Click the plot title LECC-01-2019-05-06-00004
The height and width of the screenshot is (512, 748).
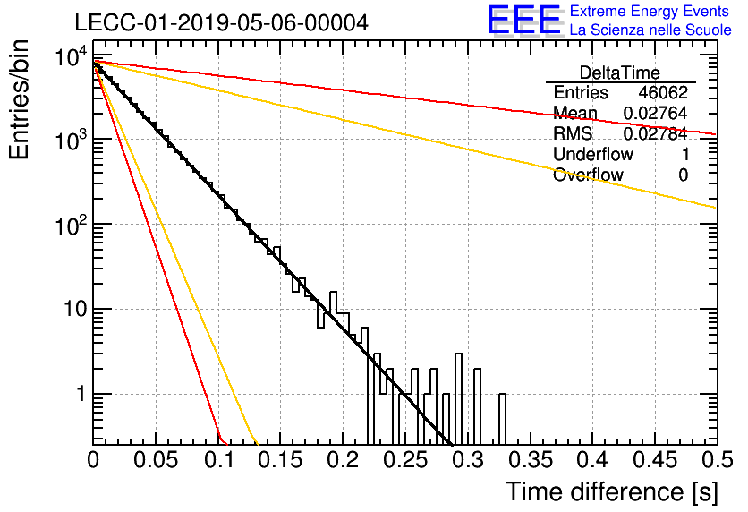tap(222, 22)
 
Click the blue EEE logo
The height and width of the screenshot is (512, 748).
tap(523, 20)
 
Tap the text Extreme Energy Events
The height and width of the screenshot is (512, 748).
tap(650, 11)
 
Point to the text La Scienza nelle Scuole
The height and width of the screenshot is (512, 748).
tap(650, 30)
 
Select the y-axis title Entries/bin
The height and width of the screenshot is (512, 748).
tap(19, 100)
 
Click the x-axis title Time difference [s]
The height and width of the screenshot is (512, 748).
tap(612, 491)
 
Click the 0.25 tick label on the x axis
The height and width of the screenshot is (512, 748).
tap(405, 460)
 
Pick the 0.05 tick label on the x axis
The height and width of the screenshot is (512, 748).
tap(156, 460)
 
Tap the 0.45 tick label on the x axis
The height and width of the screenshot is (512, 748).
tap(655, 460)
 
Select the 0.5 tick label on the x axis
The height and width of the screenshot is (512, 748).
tap(717, 460)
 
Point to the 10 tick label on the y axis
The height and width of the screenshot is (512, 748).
tap(76, 310)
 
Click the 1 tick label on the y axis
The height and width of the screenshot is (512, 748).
tap(81, 394)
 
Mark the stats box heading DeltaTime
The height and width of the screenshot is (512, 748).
tap(620, 73)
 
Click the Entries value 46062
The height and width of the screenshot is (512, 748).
tap(663, 92)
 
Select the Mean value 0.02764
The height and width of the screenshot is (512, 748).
tap(656, 113)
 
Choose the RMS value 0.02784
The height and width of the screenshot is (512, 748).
tap(656, 133)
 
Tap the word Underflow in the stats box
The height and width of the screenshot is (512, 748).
tap(593, 154)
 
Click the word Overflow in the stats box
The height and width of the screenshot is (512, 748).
tap(588, 175)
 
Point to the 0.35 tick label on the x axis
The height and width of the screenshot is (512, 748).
tap(530, 460)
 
